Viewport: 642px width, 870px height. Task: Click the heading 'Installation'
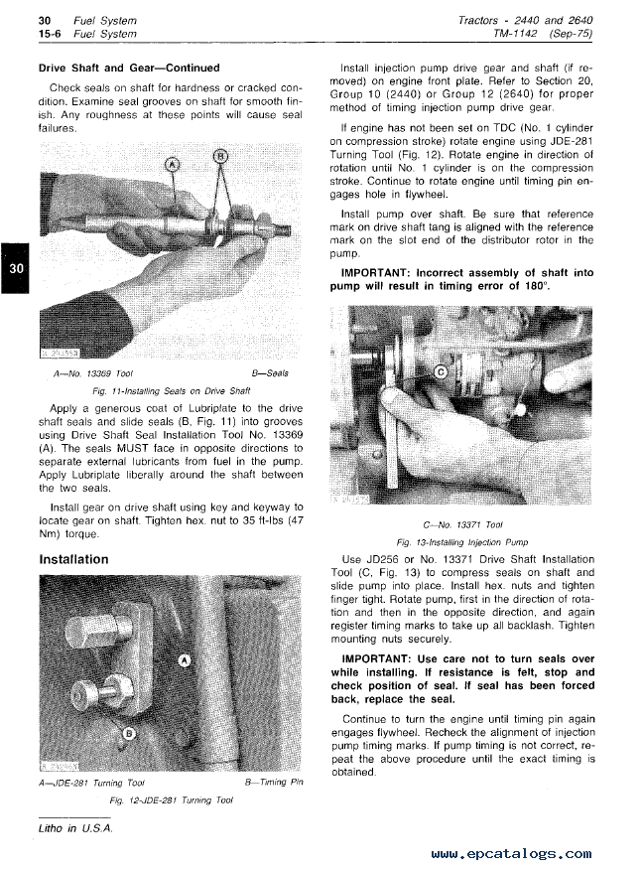pos(73,559)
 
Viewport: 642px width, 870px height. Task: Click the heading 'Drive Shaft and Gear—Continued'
pos(128,69)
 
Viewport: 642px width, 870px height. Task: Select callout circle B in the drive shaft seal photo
pos(219,157)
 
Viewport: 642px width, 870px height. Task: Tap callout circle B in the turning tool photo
pos(129,733)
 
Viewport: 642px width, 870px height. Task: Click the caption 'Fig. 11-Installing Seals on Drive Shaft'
pos(170,391)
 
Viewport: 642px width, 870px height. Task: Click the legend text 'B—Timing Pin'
pos(273,783)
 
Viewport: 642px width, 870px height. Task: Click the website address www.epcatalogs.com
pos(512,853)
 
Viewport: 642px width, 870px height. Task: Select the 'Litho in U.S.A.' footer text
pos(75,827)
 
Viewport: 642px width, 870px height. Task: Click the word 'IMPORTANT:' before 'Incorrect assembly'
pos(377,272)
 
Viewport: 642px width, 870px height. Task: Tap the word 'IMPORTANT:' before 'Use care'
pos(377,658)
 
